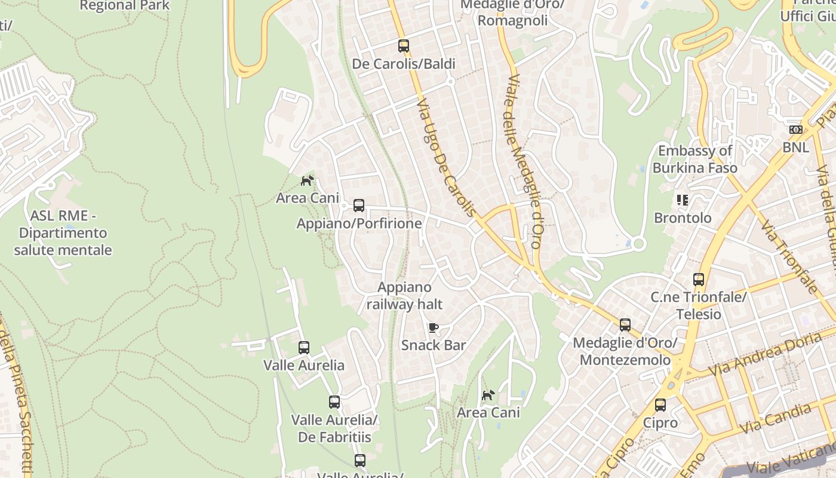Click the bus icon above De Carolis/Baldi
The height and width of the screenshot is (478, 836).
coord(404,45)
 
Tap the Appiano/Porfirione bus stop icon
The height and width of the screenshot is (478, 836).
coord(359,206)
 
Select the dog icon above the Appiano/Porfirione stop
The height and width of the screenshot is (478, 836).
coord(308,180)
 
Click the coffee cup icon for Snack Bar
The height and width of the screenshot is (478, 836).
coord(434,327)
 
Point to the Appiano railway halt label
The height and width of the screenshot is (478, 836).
coord(404,296)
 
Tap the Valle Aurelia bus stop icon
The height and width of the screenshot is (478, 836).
coord(304,347)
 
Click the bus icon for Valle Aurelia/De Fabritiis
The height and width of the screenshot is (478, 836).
coord(334,402)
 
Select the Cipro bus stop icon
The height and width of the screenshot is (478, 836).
coord(660,405)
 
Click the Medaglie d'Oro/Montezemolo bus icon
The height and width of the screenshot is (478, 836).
coord(625,325)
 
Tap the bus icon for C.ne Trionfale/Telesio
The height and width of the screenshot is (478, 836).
coord(699,279)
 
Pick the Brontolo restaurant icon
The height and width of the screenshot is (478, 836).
coord(683,200)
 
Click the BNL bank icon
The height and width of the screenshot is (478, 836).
coord(796,130)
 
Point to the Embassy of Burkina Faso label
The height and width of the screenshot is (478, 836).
coord(694,159)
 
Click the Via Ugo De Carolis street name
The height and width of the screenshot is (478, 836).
coord(447,158)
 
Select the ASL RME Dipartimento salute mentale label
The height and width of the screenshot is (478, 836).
coord(63,233)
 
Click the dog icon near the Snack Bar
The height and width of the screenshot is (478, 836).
coord(488,395)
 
